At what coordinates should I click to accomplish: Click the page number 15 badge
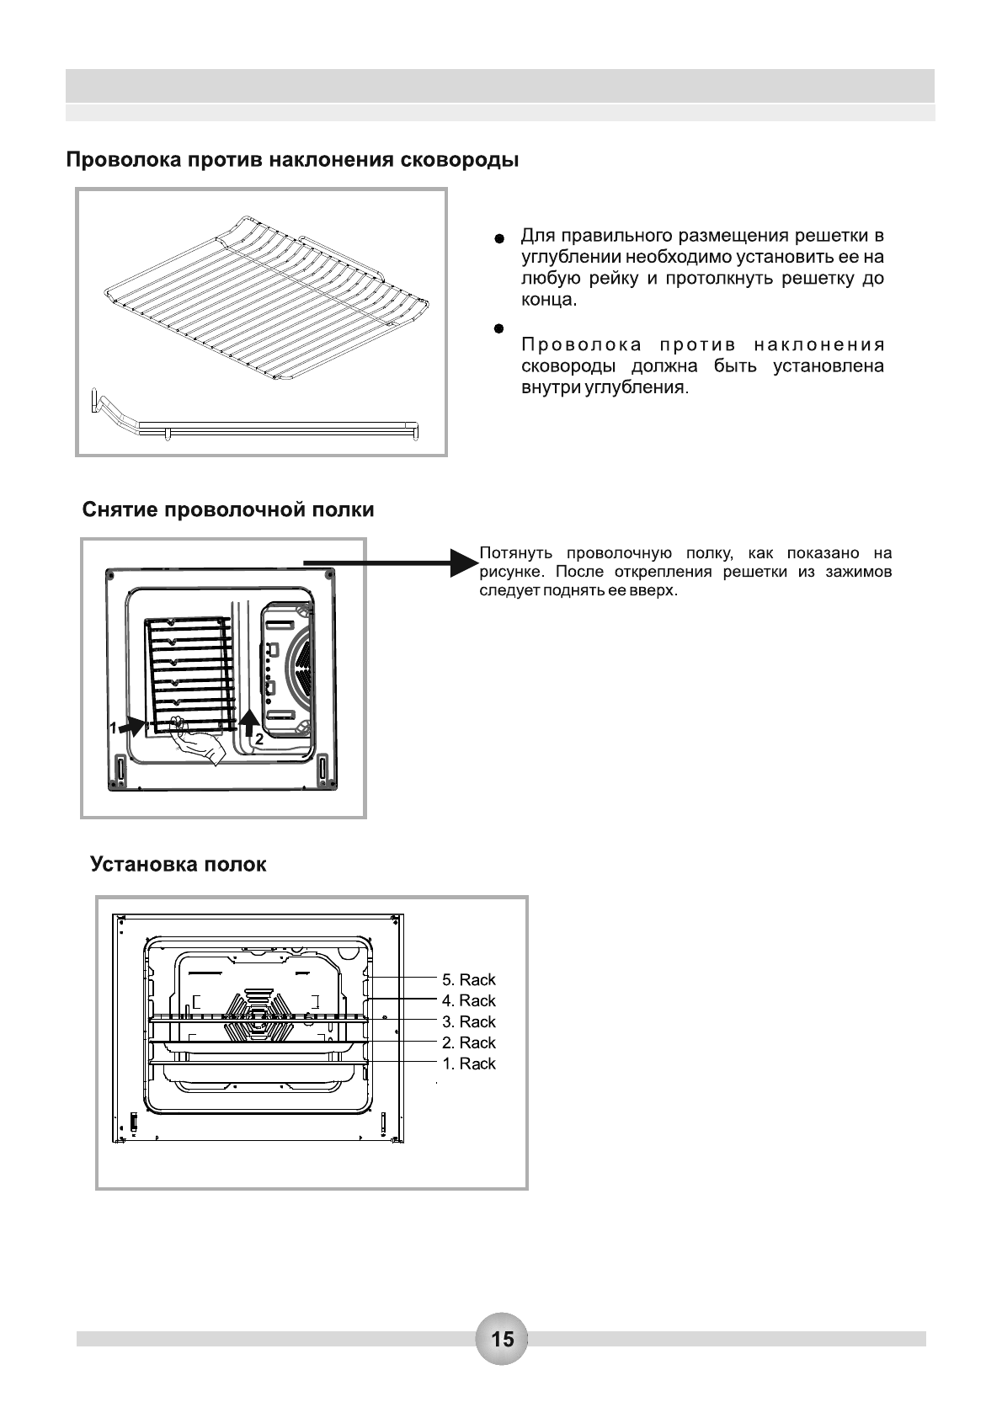point(502,1339)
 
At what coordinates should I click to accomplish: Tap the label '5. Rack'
point(469,979)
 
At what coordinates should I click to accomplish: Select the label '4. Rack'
point(469,1000)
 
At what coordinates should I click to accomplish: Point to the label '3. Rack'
point(469,1021)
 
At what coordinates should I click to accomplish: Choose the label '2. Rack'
point(469,1042)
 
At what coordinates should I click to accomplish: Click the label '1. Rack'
point(469,1063)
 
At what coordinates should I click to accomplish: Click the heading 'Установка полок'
point(179,865)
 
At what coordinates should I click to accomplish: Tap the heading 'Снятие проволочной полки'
point(228,510)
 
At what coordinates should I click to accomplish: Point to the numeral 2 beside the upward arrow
point(259,740)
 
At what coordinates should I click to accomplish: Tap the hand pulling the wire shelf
point(195,740)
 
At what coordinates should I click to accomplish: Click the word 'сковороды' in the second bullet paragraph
point(568,367)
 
